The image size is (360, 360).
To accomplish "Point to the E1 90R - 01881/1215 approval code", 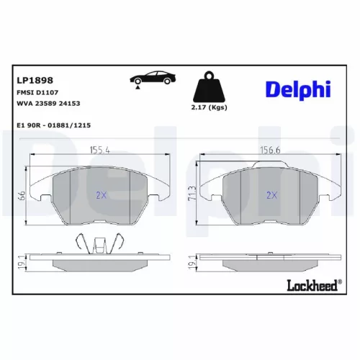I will (53, 124).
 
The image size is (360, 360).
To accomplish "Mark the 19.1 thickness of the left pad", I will (22, 264).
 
